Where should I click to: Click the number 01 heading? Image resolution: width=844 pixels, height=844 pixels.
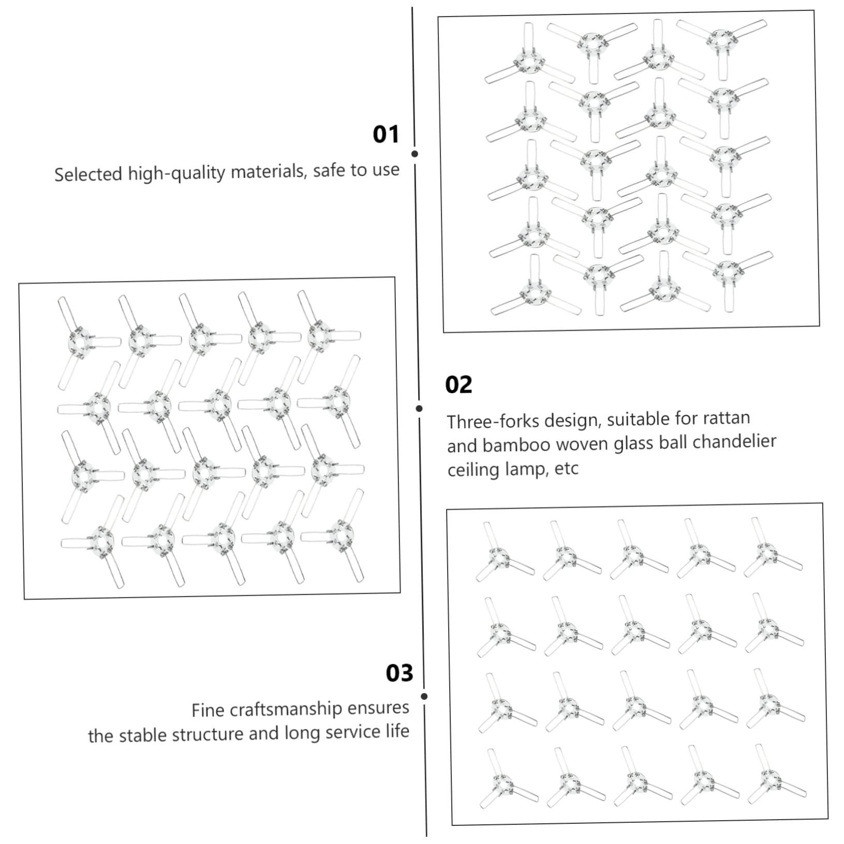[x=386, y=135]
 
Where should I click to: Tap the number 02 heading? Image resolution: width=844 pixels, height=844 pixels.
[x=458, y=385]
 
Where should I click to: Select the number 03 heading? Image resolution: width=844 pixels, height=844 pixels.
[x=399, y=673]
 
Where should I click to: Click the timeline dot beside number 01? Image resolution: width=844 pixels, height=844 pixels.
[x=414, y=154]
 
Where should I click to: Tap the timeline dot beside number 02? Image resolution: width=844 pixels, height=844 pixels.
[x=419, y=408]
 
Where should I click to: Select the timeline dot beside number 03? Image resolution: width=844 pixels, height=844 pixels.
[x=424, y=696]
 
